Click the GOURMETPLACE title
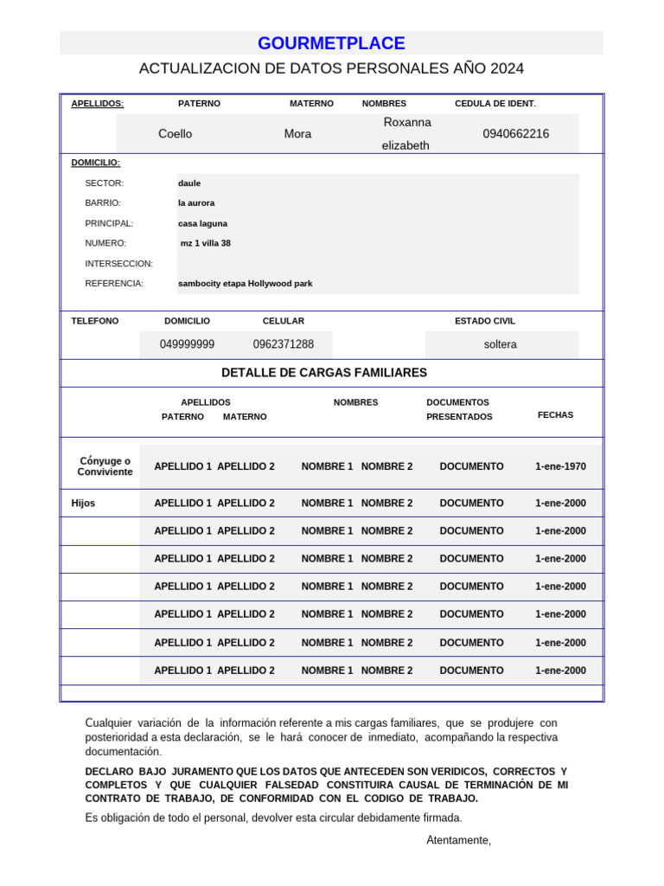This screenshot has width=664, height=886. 331,43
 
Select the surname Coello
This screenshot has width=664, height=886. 176,134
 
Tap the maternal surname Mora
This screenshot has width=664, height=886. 297,134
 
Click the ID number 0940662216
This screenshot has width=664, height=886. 515,134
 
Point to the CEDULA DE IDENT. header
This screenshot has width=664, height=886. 495,104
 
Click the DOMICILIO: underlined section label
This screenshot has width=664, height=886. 95,163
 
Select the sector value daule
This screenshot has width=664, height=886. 189,183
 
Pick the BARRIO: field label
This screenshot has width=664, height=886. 102,203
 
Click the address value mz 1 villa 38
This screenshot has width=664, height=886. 205,243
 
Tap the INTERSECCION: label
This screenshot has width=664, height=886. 118,263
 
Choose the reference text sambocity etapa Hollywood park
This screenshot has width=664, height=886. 245,284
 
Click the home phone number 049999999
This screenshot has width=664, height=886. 187,344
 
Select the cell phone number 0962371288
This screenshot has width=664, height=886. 284,344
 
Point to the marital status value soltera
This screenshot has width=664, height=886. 500,344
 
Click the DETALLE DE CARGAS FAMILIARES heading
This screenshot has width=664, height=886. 324,373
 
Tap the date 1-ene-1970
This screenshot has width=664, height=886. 560,466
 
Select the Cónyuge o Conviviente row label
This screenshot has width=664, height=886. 105,466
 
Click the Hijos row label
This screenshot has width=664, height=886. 83,503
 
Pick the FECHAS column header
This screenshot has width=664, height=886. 555,415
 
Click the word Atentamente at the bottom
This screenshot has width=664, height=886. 458,840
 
